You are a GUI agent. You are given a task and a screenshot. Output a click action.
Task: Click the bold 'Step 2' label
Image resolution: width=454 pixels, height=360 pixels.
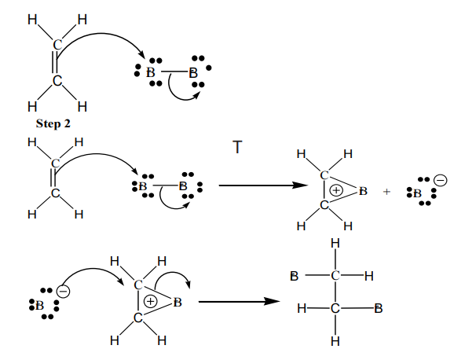53,123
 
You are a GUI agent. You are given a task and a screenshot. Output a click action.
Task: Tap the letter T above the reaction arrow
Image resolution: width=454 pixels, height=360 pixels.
237,147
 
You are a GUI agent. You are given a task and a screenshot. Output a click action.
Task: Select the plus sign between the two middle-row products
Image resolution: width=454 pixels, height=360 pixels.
386,192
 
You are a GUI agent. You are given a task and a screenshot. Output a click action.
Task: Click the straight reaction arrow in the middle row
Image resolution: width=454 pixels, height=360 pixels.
263,186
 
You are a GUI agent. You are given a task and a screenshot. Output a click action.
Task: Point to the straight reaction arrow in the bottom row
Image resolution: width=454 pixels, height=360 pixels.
239,302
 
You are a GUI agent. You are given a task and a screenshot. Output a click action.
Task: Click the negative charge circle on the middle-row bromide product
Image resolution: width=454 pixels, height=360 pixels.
440,181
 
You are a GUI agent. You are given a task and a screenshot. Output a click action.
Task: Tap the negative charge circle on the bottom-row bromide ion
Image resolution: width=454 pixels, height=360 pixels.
63,291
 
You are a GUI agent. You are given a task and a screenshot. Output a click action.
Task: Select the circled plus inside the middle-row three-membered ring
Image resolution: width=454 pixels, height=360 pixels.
336,190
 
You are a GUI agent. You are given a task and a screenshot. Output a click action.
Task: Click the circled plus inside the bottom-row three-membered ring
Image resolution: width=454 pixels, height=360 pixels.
150,302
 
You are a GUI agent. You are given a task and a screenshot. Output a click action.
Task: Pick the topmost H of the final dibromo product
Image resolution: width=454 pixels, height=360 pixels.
335,244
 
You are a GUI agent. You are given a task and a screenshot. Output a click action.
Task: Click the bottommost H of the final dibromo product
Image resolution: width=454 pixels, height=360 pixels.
335,341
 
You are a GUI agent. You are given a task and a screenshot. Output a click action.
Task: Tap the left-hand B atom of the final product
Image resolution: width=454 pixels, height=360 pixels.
294,276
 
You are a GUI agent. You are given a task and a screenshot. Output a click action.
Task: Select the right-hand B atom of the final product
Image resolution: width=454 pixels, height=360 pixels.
378,308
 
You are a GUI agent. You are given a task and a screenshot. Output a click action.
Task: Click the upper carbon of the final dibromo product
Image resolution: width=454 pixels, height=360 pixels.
335,276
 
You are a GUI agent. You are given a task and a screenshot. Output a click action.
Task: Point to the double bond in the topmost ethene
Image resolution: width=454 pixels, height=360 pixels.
54,62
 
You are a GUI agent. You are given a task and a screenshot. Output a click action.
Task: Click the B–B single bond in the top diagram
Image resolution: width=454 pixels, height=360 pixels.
174,72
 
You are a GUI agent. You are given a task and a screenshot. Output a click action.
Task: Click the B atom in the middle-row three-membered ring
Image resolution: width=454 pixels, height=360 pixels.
363,191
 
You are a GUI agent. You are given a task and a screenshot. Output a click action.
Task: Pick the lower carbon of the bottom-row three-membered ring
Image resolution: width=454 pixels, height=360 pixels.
138,318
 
